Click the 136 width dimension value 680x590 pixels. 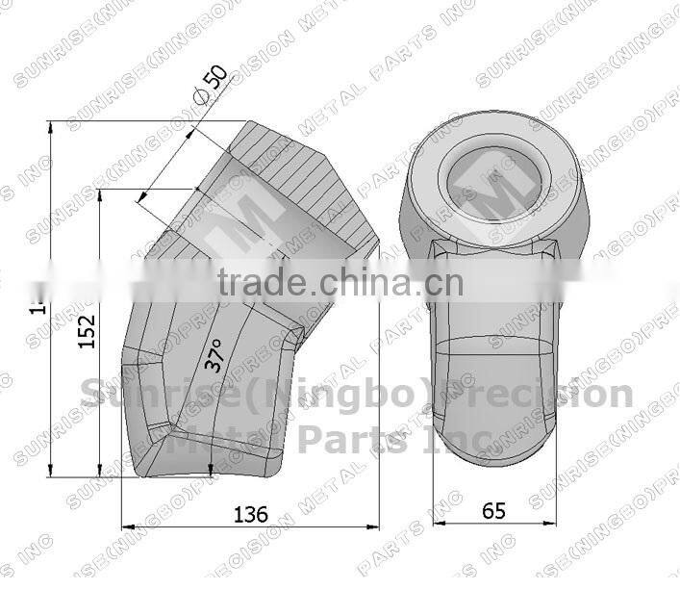point(252,513)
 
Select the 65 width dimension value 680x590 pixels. point(493,510)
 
